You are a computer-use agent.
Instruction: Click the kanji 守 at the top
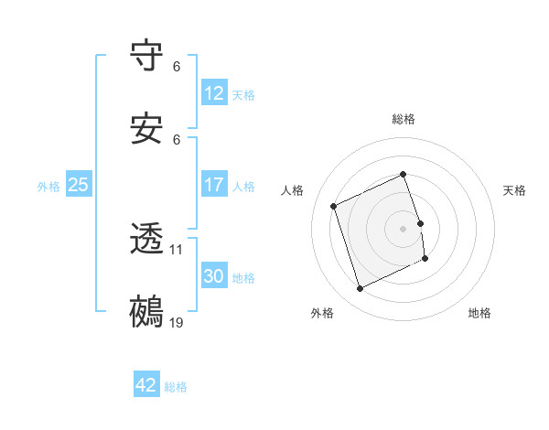pyautogui.click(x=146, y=58)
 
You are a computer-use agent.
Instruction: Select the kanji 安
pyautogui.click(x=146, y=131)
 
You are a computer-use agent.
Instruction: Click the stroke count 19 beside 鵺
pyautogui.click(x=177, y=323)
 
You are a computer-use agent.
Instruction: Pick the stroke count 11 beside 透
pyautogui.click(x=177, y=249)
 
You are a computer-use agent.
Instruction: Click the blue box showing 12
pyautogui.click(x=214, y=93)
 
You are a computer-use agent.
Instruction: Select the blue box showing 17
pyautogui.click(x=214, y=185)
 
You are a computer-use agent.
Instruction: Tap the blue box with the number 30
pyautogui.click(x=214, y=276)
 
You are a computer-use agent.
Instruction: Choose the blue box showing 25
pyautogui.click(x=78, y=185)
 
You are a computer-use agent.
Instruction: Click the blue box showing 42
pyautogui.click(x=146, y=385)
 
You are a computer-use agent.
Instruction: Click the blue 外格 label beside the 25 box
pyautogui.click(x=48, y=187)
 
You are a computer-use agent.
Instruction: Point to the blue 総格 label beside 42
pyautogui.click(x=176, y=387)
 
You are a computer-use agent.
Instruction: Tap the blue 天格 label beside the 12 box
pyautogui.click(x=243, y=95)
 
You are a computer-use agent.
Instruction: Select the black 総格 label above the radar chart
pyautogui.click(x=404, y=119)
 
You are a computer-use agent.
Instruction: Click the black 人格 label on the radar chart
pyautogui.click(x=293, y=190)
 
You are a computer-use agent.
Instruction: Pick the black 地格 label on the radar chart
pyautogui.click(x=479, y=313)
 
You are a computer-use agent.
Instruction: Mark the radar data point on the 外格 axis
pyautogui.click(x=360, y=289)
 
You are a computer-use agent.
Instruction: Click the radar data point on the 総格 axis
pyautogui.click(x=404, y=175)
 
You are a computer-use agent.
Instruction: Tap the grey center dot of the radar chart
pyautogui.click(x=404, y=229)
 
